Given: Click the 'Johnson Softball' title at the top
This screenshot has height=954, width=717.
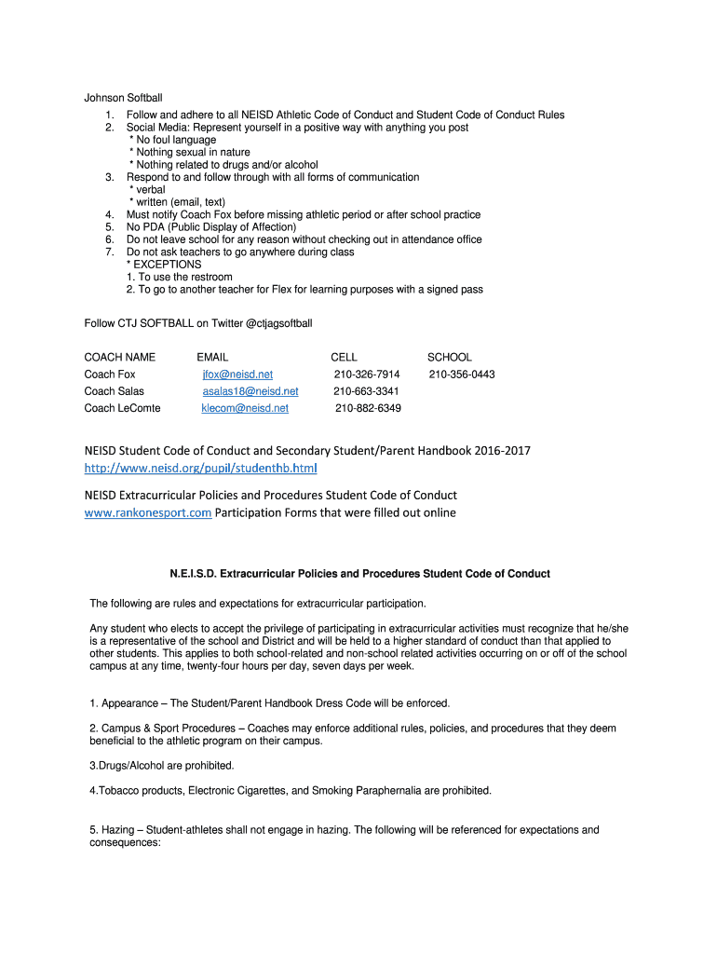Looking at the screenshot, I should click(x=124, y=98).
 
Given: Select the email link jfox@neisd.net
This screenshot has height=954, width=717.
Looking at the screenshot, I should click(x=237, y=375).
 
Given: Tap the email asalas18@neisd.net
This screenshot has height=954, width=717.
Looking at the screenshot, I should click(x=250, y=391).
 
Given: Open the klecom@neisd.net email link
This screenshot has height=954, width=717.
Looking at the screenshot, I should click(x=245, y=408).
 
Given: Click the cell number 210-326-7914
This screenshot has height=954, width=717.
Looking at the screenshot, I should click(x=367, y=375).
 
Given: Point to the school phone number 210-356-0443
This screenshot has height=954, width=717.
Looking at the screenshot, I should click(x=462, y=375).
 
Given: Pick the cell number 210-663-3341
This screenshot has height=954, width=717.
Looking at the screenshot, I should click(x=366, y=391).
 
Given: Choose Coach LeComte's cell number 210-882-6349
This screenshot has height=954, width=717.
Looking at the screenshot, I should click(x=368, y=408).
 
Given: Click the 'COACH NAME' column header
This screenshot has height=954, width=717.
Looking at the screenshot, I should click(x=120, y=357).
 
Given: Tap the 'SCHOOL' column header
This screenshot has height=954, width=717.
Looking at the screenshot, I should click(x=450, y=357).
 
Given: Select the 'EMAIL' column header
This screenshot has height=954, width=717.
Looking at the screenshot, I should click(x=212, y=357).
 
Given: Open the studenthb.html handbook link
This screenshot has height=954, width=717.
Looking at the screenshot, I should click(x=201, y=467).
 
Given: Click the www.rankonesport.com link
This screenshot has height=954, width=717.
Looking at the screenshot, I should click(x=148, y=512).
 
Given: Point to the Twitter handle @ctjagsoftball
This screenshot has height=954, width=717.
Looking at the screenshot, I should click(x=278, y=323).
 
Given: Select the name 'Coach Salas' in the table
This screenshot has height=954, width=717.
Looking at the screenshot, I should click(x=115, y=391).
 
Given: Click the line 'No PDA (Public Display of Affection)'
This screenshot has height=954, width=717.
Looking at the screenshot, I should click(x=211, y=227).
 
